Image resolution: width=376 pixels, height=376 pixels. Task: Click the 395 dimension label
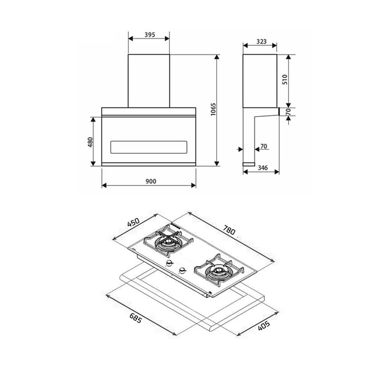coord(150,35)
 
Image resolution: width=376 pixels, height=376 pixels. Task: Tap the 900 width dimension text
coord(151,181)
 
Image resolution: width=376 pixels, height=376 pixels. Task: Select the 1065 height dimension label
coord(213,109)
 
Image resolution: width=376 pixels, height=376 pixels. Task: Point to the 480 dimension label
coord(90,142)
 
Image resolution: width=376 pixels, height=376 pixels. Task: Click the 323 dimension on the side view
coord(261,41)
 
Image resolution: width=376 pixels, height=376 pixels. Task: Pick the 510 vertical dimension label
coord(285,79)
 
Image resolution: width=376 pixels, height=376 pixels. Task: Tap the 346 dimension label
coord(262,168)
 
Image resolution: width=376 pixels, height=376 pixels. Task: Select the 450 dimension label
coord(133,222)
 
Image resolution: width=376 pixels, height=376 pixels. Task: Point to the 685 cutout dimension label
coord(136,318)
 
